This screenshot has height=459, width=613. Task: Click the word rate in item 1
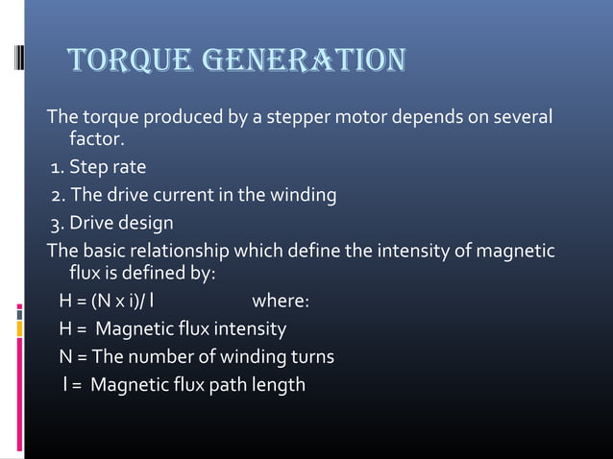[128, 168]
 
